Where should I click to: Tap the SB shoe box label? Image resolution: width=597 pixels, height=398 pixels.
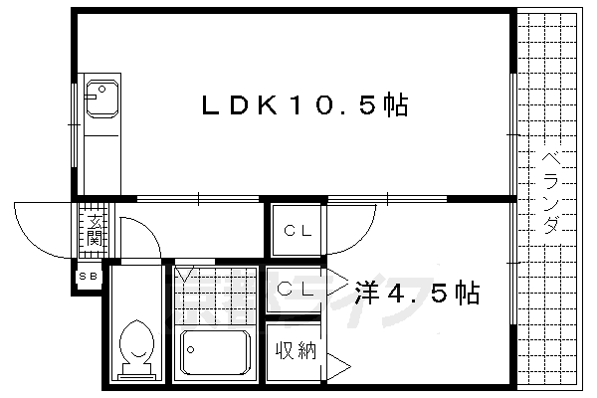88,278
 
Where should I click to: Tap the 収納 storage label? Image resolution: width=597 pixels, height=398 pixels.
296,351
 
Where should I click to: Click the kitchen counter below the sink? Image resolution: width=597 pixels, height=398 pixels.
99,149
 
